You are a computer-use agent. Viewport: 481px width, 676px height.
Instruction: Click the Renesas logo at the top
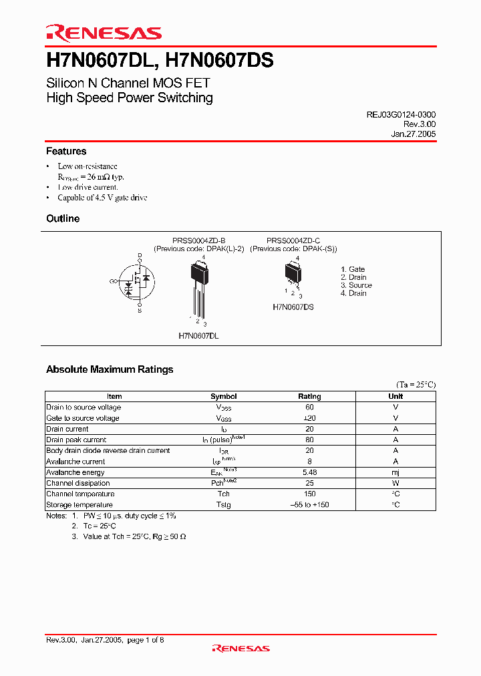pyautogui.click(x=104, y=33)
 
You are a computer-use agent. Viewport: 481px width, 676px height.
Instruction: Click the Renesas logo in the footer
pyautogui.click(x=240, y=648)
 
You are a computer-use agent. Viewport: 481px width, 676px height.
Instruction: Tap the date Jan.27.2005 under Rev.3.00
pyautogui.click(x=414, y=134)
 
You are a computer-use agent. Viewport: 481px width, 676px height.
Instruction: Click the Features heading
pyautogui.click(x=66, y=152)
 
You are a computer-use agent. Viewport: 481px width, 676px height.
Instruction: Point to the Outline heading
pyautogui.click(x=63, y=218)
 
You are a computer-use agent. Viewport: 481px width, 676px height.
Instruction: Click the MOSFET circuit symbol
pyautogui.click(x=136, y=283)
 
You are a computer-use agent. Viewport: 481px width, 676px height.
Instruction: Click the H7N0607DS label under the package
pyautogui.click(x=293, y=307)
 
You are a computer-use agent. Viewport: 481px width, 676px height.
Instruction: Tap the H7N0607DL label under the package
pyautogui.click(x=198, y=336)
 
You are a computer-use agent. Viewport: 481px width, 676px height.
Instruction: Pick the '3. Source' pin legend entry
pyautogui.click(x=356, y=285)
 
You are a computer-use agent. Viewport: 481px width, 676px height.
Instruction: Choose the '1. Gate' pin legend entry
pyautogui.click(x=353, y=269)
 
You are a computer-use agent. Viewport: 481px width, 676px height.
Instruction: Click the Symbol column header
pyautogui.click(x=223, y=396)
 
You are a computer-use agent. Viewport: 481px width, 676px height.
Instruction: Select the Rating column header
pyautogui.click(x=309, y=396)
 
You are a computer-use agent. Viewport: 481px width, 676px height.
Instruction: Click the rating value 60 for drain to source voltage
pyautogui.click(x=309, y=407)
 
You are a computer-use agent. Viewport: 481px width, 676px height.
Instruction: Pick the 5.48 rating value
pyautogui.click(x=309, y=472)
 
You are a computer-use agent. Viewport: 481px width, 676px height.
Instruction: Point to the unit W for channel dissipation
pyautogui.click(x=395, y=483)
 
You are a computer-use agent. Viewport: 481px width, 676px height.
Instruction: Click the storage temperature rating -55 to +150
pyautogui.click(x=309, y=505)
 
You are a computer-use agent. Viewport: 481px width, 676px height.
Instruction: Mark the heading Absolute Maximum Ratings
pyautogui.click(x=110, y=369)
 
